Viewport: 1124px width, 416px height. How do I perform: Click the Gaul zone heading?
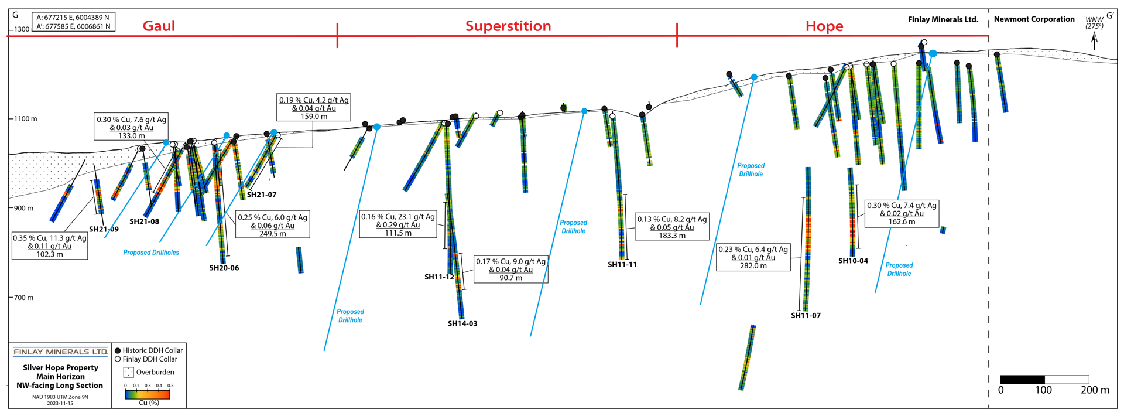159,26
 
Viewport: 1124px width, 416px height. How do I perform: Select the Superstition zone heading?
508,26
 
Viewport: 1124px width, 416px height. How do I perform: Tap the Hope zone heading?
824,26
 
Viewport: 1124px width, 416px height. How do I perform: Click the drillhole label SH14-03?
462,323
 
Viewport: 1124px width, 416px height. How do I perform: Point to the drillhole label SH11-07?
806,315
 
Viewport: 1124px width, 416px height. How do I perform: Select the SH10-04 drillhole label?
853,261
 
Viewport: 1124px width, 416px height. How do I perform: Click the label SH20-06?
224,268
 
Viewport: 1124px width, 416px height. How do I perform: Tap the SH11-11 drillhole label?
622,264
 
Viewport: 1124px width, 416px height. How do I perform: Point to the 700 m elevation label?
24,298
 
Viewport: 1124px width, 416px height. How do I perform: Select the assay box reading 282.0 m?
753,257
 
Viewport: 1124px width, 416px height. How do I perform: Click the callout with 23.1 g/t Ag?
398,224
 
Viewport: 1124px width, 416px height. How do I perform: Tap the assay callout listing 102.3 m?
50,246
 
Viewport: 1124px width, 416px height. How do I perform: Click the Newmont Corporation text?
1034,19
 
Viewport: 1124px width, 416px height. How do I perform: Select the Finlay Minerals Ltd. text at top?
943,19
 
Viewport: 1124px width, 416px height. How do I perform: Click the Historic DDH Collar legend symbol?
118,350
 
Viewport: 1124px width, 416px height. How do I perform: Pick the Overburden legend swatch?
128,372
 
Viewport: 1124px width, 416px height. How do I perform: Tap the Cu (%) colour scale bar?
148,394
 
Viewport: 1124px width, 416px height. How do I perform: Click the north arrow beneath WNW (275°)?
1094,40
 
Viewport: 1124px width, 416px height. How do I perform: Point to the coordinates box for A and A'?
73,22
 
